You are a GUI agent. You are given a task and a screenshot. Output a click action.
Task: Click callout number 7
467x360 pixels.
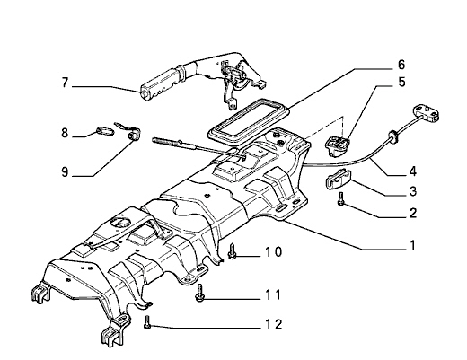pyautogui.click(x=65, y=83)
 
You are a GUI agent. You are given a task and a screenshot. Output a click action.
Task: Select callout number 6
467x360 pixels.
pyautogui.click(x=401, y=65)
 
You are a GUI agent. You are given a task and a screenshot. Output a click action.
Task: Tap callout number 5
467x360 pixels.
pyautogui.click(x=401, y=82)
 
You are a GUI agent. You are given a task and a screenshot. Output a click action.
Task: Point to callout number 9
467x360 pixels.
pyautogui.click(x=65, y=172)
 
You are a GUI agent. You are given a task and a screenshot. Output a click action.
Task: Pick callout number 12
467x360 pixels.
pyautogui.click(x=274, y=324)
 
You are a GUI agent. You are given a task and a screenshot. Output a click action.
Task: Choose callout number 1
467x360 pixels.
pyautogui.click(x=413, y=245)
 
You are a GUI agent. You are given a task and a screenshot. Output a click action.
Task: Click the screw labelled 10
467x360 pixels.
pyautogui.click(x=233, y=251)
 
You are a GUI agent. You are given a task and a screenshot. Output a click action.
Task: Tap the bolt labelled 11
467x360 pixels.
pyautogui.click(x=199, y=293)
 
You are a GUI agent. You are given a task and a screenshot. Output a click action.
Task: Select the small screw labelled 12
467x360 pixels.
pyautogui.click(x=147, y=322)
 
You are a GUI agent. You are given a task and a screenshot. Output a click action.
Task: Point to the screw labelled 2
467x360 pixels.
pyautogui.click(x=340, y=199)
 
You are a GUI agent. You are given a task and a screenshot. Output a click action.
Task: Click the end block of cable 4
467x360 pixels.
pyautogui.click(x=427, y=113)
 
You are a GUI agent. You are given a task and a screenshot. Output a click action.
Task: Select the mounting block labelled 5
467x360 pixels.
pyautogui.click(x=339, y=145)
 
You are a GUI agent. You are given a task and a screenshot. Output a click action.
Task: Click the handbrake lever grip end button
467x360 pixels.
pyautogui.click(x=144, y=94)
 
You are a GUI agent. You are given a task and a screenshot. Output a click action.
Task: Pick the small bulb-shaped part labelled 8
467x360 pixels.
pyautogui.click(x=105, y=131)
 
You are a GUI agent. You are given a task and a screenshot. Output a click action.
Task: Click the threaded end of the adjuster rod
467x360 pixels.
pyautogui.click(x=165, y=141)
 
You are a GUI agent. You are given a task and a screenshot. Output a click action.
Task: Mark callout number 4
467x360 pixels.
pyautogui.click(x=413, y=171)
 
